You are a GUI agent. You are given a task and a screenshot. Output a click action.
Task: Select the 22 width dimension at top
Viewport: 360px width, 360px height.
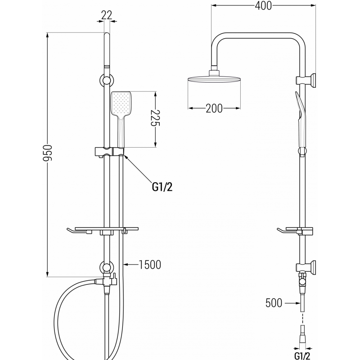tap(107, 15)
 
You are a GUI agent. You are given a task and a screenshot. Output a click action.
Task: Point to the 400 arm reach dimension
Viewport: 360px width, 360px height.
tap(263, 6)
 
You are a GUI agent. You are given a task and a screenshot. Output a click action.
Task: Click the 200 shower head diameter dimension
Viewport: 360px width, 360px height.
tap(214, 108)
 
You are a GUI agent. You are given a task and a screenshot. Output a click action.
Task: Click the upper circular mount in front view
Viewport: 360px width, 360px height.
tap(106, 81)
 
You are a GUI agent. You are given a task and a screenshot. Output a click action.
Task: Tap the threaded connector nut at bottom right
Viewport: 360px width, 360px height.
tap(302, 337)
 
